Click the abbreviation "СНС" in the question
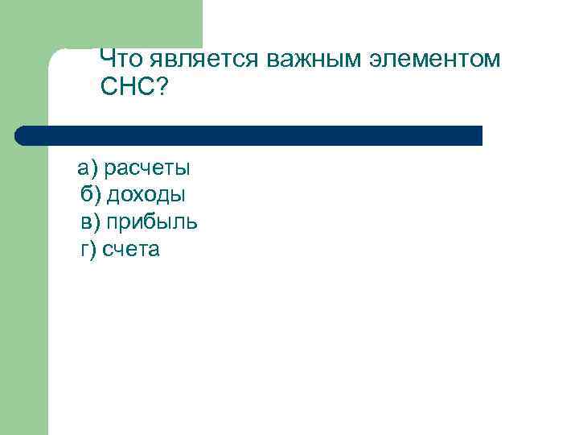click(x=129, y=87)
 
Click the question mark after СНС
click(x=163, y=87)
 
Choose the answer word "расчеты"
click(x=148, y=168)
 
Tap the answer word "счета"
click(x=132, y=250)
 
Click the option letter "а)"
click(x=87, y=168)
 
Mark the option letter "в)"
click(x=88, y=222)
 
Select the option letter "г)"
click(x=88, y=250)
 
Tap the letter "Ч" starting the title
click(x=108, y=59)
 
